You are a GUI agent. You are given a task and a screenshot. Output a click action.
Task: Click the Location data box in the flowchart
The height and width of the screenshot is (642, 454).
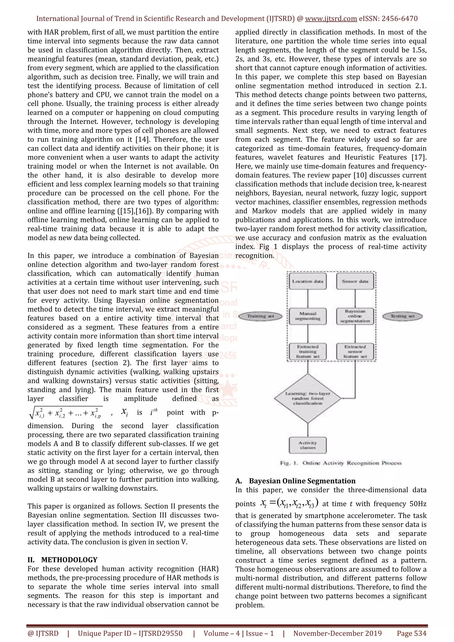point(308,281)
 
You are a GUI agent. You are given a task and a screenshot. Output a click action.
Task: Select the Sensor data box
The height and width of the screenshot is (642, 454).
point(355,281)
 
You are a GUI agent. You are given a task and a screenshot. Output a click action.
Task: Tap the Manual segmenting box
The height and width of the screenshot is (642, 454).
point(308,316)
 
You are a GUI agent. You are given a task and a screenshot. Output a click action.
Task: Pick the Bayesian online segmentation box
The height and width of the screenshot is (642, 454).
point(355,316)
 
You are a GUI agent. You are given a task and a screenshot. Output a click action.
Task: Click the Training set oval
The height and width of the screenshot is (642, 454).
point(261,316)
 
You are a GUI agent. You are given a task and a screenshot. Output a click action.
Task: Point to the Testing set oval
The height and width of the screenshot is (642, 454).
point(402,316)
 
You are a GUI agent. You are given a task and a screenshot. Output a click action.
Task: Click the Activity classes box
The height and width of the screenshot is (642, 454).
point(308,445)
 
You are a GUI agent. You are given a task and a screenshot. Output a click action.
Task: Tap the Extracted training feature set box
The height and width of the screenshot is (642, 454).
point(308,351)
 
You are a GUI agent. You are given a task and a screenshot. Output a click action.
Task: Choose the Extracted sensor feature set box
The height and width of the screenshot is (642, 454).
point(355,351)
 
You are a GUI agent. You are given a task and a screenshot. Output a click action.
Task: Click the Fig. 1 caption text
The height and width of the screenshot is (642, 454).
point(341,463)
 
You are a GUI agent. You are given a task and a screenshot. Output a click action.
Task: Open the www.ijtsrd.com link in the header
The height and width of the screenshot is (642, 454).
point(331,19)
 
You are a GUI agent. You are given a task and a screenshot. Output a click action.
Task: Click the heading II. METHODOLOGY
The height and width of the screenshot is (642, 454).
point(62,560)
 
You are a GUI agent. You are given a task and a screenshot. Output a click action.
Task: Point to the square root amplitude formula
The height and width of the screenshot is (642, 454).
point(66,413)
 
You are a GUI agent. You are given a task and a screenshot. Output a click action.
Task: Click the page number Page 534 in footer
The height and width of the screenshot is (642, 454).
point(411,633)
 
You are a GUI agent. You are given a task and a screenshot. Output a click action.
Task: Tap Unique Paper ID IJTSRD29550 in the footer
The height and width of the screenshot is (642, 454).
point(130,633)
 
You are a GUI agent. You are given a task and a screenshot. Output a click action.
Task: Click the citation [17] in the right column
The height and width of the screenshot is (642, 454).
point(419,157)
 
